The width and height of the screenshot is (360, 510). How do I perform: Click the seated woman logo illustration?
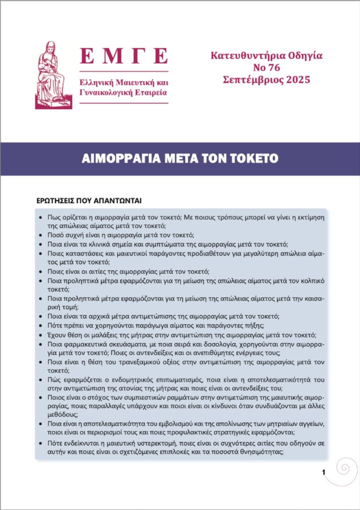tap(51, 75)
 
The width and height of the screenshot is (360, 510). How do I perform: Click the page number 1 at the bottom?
tap(324, 472)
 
